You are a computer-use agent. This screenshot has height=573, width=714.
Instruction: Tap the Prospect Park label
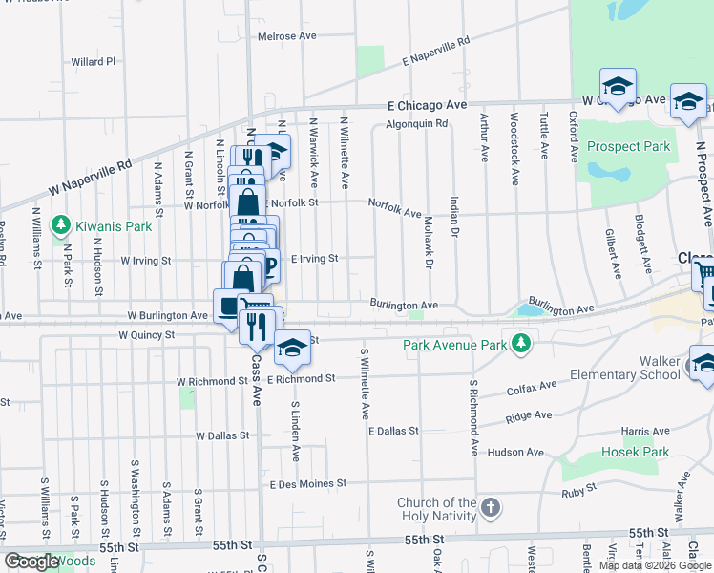628,147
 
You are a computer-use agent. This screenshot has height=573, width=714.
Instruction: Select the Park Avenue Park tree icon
520,343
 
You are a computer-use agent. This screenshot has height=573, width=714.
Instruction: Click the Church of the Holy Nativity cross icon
490,508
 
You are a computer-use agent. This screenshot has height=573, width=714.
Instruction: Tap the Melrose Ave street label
287,36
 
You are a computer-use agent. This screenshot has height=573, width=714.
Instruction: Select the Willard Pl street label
93,62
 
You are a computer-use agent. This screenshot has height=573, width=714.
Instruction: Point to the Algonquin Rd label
416,124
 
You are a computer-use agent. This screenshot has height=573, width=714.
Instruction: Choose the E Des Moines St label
307,484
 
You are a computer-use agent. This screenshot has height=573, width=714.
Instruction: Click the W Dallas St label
222,435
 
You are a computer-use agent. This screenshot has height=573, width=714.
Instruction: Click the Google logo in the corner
31,562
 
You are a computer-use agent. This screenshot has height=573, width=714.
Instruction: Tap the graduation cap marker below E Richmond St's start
292,348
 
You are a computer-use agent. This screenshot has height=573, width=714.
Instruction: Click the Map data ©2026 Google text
654,564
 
